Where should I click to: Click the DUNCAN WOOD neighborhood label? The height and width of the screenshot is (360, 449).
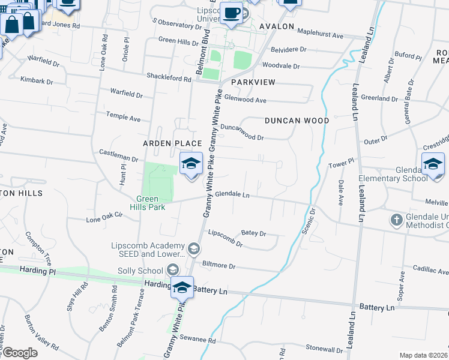pos(297,121)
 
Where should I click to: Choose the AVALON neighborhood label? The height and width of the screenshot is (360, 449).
pos(276,27)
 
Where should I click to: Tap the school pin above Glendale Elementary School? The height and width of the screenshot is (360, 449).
pos(432,164)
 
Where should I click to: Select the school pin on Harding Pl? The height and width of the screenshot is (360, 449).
pos(182,287)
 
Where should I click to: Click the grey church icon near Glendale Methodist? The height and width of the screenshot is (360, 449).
pos(396,220)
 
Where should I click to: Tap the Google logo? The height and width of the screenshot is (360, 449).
pos(19,353)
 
